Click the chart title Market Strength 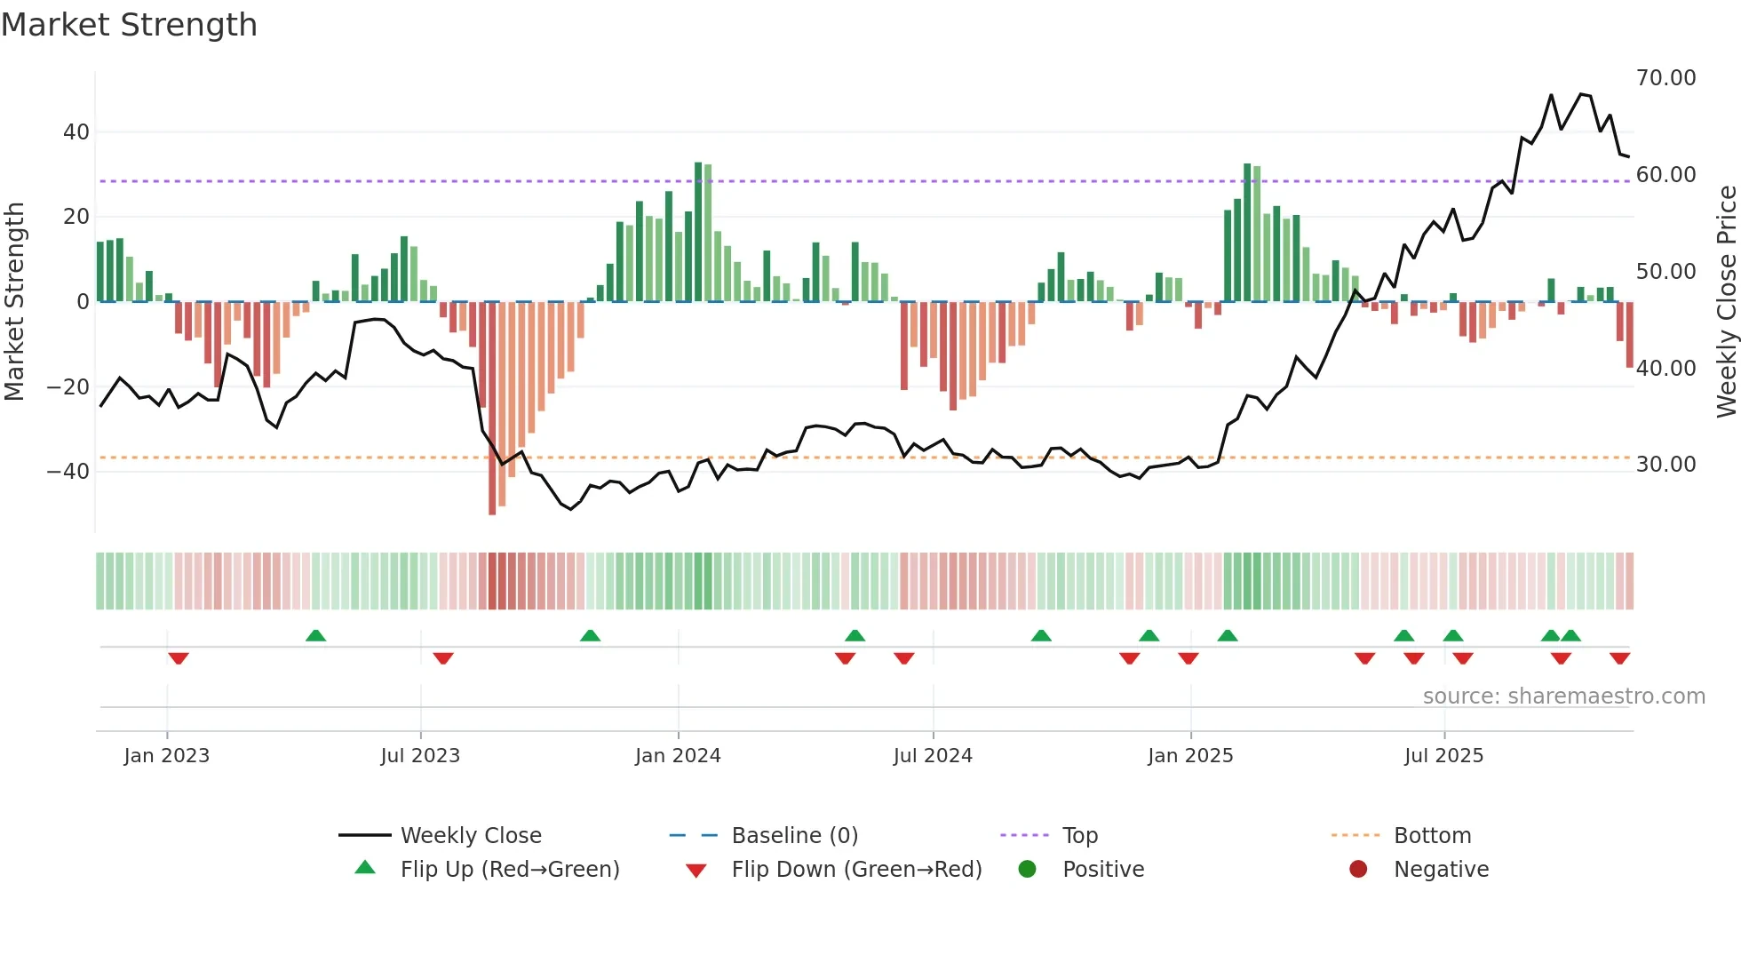point(129,25)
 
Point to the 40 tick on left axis point(76,132)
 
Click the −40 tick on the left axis point(68,472)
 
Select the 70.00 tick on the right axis point(1665,78)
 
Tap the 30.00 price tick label point(1665,465)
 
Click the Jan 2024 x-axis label point(678,756)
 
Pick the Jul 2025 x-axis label point(1443,756)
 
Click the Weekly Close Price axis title point(1726,302)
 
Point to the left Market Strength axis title point(14,302)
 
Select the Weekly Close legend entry point(471,836)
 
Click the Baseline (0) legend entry point(794,836)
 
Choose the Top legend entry point(1080,836)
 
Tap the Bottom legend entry point(1432,836)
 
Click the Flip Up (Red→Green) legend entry point(509,870)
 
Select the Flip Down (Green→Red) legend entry point(856,870)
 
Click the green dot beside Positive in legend point(1028,870)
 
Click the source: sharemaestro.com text point(1563,696)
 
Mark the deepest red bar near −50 point(492,409)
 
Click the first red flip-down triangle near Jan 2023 point(179,658)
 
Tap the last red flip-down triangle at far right point(1619,658)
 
